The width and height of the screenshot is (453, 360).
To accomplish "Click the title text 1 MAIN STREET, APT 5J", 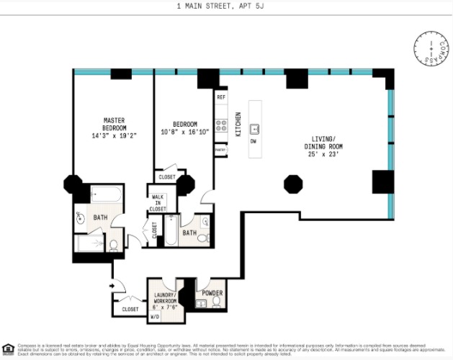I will point(226,6).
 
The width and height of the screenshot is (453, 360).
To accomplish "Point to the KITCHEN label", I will point(238,125).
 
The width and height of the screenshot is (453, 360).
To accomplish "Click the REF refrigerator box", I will point(221,96).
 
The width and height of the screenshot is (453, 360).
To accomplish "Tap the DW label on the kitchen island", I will point(253,141).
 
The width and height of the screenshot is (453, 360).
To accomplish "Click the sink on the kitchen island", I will point(254,129).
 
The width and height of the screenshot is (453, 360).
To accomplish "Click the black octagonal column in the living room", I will point(292,183).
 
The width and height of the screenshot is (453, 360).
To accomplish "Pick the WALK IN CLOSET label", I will point(158,202).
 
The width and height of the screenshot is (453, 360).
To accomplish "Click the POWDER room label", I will point(212,293).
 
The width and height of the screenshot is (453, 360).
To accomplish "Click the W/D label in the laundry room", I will point(155,316).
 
